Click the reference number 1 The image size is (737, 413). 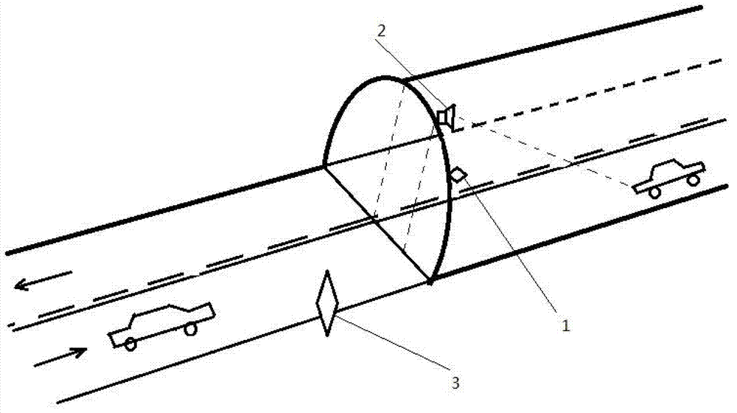coord(565,325)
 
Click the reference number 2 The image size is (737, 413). coord(380,30)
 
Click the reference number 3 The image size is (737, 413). coord(455,382)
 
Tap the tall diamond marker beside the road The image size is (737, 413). coord(326,304)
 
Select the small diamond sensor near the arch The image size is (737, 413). coord(458,174)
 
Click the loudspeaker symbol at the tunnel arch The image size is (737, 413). coord(446,117)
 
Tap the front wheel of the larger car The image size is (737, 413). coord(190,329)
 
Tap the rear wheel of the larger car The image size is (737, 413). coord(130,343)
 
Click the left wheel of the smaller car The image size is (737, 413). coord(653,192)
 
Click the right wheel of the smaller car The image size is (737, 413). coord(692,178)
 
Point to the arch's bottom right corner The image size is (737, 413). coord(430,281)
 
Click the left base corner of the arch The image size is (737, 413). coord(324,166)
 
